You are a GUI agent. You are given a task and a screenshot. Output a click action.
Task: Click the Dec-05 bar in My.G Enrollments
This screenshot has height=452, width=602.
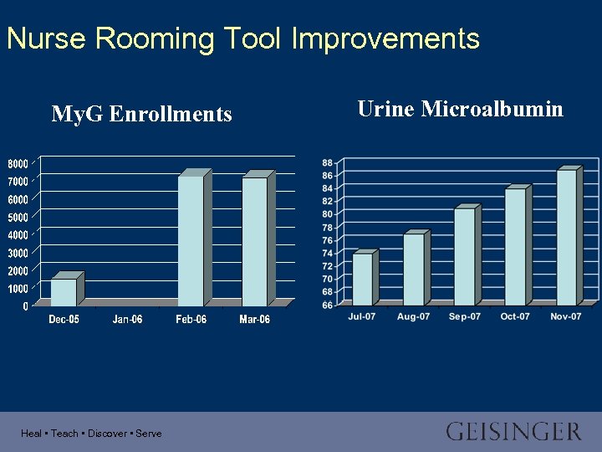(64, 291)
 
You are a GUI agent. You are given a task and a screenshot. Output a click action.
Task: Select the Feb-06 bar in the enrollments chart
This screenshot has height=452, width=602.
(191, 241)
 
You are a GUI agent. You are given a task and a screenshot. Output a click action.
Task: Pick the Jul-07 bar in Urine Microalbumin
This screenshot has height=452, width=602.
(362, 280)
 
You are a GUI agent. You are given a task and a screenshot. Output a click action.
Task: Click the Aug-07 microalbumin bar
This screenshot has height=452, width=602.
(413, 270)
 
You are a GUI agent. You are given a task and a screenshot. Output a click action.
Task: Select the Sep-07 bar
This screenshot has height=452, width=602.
(465, 257)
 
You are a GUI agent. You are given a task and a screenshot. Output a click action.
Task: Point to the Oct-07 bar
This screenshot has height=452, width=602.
(515, 247)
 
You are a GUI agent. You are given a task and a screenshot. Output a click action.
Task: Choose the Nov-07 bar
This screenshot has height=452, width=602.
(567, 238)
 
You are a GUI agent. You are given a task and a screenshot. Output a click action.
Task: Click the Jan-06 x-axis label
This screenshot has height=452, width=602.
(128, 320)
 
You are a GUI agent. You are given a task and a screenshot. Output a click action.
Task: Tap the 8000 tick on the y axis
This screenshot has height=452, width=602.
(18, 162)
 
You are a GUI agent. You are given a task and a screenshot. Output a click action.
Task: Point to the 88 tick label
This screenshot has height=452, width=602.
(327, 162)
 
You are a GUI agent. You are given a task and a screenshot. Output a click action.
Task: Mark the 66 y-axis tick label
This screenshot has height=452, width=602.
(327, 305)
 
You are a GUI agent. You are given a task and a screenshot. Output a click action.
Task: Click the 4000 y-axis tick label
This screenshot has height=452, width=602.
(18, 234)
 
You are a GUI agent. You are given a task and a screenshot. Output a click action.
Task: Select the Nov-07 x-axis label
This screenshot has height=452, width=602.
(566, 316)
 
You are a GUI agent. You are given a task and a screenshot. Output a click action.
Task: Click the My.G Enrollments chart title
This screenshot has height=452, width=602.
(141, 114)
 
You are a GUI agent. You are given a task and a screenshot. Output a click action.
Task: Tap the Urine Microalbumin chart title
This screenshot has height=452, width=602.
(460, 109)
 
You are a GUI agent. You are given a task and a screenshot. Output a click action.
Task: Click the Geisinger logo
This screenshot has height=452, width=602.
(513, 432)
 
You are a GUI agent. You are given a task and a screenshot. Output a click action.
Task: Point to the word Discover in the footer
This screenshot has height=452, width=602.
(107, 434)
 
